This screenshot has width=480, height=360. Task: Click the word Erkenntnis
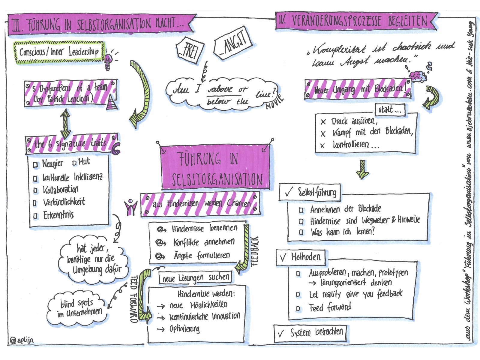pyautogui.click(x=58, y=215)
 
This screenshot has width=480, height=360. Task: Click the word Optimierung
pyautogui.click(x=184, y=329)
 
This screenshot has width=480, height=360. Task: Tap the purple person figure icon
pyautogui.click(x=131, y=207)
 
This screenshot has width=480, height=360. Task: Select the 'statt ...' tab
pyautogui.click(x=390, y=110)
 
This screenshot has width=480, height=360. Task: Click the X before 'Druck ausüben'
pyautogui.click(x=323, y=122)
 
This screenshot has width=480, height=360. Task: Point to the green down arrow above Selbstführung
pyautogui.click(x=363, y=169)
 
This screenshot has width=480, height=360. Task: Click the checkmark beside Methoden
pyautogui.click(x=283, y=258)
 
